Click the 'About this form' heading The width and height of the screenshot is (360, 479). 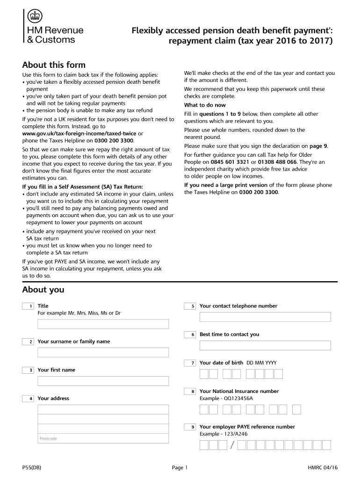(54, 65)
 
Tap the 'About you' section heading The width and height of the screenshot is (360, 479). (43, 290)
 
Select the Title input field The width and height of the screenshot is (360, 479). (103, 324)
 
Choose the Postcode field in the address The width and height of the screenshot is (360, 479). (103, 438)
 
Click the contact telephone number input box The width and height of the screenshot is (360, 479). (265, 317)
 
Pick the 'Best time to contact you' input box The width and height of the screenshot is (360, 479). (265, 345)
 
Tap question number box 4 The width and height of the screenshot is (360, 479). (28, 399)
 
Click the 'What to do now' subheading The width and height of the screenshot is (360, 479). (205, 105)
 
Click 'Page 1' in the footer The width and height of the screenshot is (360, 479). (180, 467)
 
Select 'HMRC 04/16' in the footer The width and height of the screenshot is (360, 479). (323, 467)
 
